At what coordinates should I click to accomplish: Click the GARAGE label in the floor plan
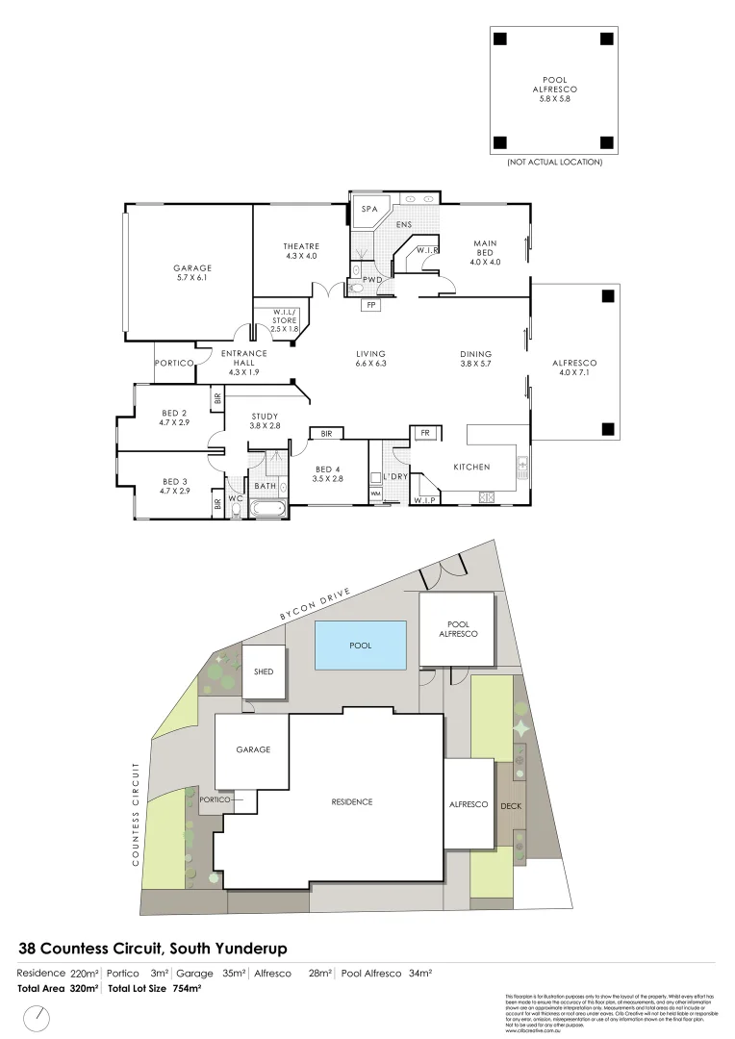point(192,268)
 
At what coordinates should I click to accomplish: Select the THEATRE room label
point(301,247)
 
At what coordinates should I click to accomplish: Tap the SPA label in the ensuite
point(368,210)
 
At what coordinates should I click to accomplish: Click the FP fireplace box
point(370,305)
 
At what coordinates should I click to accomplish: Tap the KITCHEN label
point(472,467)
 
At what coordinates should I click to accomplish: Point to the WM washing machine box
point(375,494)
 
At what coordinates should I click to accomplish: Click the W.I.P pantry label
point(423,499)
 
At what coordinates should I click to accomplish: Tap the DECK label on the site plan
point(511,805)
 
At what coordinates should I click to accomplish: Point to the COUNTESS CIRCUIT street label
point(138,814)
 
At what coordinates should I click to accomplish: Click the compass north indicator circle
point(39,1016)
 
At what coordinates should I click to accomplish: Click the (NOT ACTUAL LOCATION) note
point(554,163)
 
